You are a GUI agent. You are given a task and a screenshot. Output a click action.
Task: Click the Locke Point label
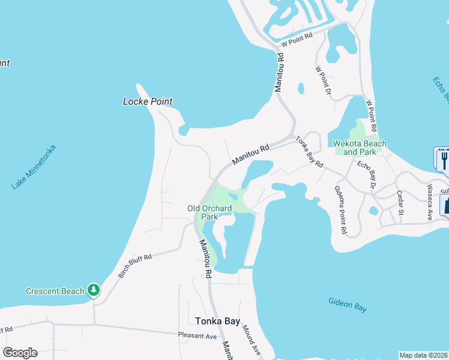(148, 101)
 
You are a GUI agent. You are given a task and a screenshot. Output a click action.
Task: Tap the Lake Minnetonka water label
(34, 167)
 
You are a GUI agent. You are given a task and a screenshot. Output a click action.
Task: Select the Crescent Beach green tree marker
(94, 291)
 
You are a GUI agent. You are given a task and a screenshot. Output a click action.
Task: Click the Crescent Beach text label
(55, 292)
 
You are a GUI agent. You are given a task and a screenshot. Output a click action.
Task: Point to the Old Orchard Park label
(209, 212)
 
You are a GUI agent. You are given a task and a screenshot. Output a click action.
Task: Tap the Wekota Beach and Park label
(360, 148)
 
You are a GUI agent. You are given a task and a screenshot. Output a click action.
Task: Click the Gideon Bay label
(348, 305)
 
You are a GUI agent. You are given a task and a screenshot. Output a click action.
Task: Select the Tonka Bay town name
(218, 321)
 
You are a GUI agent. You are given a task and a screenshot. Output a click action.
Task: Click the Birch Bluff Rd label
(135, 266)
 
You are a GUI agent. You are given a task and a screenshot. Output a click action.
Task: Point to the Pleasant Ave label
(197, 336)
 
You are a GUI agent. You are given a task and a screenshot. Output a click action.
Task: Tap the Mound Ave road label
(252, 340)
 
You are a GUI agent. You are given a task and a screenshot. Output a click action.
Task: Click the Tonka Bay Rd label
(310, 152)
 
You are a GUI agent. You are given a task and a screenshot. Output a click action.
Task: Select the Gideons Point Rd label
(340, 209)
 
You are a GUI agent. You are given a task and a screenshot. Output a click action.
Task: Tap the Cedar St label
(400, 205)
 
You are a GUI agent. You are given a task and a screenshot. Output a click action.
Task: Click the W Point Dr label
(324, 80)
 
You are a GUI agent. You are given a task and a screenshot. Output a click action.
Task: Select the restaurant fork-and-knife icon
(443, 159)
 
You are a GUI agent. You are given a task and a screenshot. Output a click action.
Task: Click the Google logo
(20, 353)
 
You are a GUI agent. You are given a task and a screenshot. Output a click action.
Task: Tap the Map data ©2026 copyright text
(423, 355)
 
